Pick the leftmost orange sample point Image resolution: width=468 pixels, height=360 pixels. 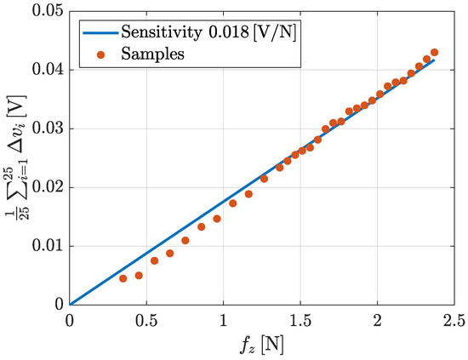[123, 278]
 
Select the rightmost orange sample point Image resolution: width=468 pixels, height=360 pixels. [435, 52]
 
